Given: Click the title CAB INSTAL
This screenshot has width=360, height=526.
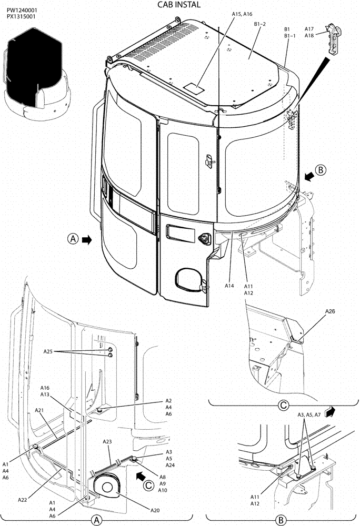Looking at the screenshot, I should pos(179,5).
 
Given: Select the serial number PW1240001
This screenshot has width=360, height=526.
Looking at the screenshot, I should pos(22,10).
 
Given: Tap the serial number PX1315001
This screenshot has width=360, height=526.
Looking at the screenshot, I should pos(22,17).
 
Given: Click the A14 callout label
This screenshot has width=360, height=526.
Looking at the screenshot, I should pos(229,286).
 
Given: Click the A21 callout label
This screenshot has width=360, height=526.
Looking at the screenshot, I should pos(40,410).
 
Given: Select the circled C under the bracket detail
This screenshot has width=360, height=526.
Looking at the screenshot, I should pos(283,406).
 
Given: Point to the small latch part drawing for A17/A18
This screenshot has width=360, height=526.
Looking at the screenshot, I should pos(332,38).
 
